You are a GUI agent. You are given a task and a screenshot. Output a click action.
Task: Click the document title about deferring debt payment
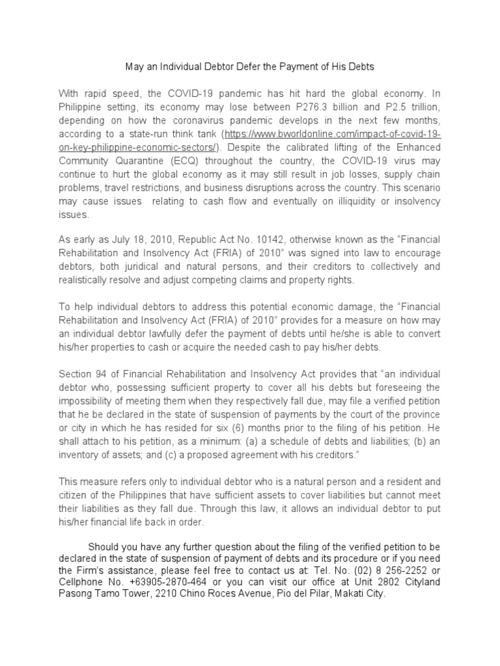click(x=249, y=67)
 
